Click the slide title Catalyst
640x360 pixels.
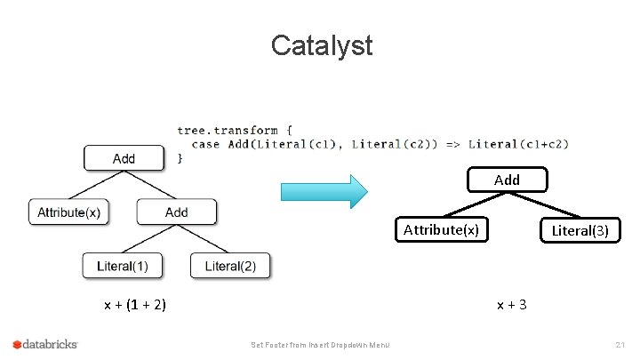pos(321,44)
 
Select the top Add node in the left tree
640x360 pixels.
pos(124,158)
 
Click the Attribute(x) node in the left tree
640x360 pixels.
pos(68,212)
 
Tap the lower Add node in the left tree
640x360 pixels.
pos(176,212)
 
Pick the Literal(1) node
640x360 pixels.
pos(123,265)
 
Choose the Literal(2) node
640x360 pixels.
pos(229,265)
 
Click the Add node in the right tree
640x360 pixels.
pos(507,180)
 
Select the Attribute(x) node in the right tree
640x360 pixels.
pos(441,230)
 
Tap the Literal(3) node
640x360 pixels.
pos(580,230)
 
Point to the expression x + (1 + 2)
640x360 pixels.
pos(135,305)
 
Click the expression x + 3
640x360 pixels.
pos(512,305)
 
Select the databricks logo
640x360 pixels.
pos(45,344)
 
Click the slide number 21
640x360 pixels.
pos(620,345)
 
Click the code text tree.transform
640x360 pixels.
pos(228,130)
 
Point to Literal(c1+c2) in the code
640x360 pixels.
pos(518,144)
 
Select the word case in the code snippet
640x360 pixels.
pos(205,144)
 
